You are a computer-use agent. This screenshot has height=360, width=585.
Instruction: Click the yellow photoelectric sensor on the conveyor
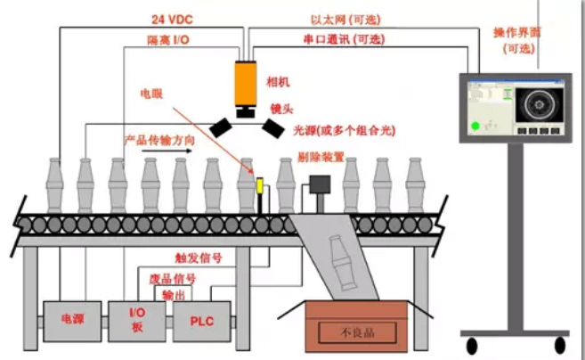[258, 186]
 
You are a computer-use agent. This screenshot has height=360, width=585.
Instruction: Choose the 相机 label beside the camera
[278, 82]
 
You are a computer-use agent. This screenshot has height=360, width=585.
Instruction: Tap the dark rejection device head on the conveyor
[318, 184]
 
